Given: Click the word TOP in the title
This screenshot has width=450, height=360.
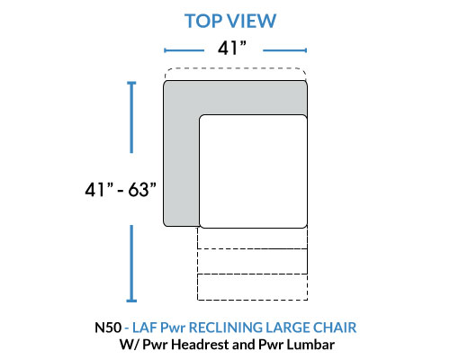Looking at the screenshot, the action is pos(203,21).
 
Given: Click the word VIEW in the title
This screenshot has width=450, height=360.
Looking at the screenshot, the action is pos(251,21).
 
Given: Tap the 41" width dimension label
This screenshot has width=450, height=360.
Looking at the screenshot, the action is pos(232,48).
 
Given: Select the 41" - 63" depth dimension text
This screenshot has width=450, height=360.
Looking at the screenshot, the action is pos(121,190).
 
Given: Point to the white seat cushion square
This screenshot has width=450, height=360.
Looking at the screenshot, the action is pos(253,171).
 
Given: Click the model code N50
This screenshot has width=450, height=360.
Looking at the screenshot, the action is pos(108,328).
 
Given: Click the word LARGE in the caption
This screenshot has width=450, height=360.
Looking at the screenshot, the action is pos(287,328).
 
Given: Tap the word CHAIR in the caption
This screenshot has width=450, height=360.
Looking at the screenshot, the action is pos(335,328).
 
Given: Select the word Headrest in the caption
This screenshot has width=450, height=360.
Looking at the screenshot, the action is pos(201,345).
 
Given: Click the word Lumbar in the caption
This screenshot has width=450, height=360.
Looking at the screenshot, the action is pos(310,345).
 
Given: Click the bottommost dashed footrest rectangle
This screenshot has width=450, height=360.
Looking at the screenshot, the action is pos(252,287).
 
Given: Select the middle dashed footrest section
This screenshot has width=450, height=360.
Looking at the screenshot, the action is pos(252,261).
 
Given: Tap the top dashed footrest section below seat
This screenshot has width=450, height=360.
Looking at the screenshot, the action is pos(252,238).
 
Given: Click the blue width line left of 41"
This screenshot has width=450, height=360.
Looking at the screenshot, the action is pos(184,50).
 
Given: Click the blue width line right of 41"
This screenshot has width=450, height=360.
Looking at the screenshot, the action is pos(284,50).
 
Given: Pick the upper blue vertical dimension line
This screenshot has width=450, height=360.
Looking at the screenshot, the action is pos(131,117).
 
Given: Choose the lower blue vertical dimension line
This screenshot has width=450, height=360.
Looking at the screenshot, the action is pos(131,264).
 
